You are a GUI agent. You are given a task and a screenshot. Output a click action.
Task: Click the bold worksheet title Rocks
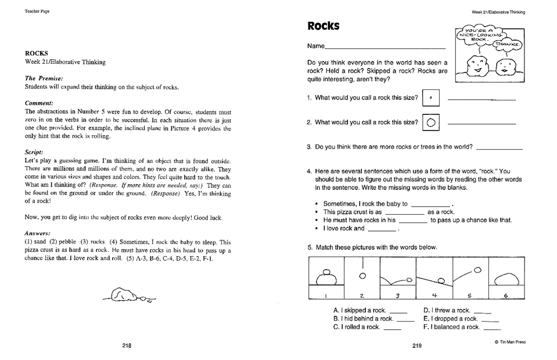pyautogui.click(x=323, y=27)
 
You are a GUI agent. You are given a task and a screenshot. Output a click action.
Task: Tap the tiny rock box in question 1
pyautogui.click(x=431, y=98)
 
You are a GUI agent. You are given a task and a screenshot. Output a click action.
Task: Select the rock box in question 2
pyautogui.click(x=431, y=123)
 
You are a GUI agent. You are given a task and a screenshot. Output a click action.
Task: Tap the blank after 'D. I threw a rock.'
pyautogui.click(x=482, y=313)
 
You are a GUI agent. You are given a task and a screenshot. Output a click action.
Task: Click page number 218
pyautogui.click(x=127, y=345)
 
